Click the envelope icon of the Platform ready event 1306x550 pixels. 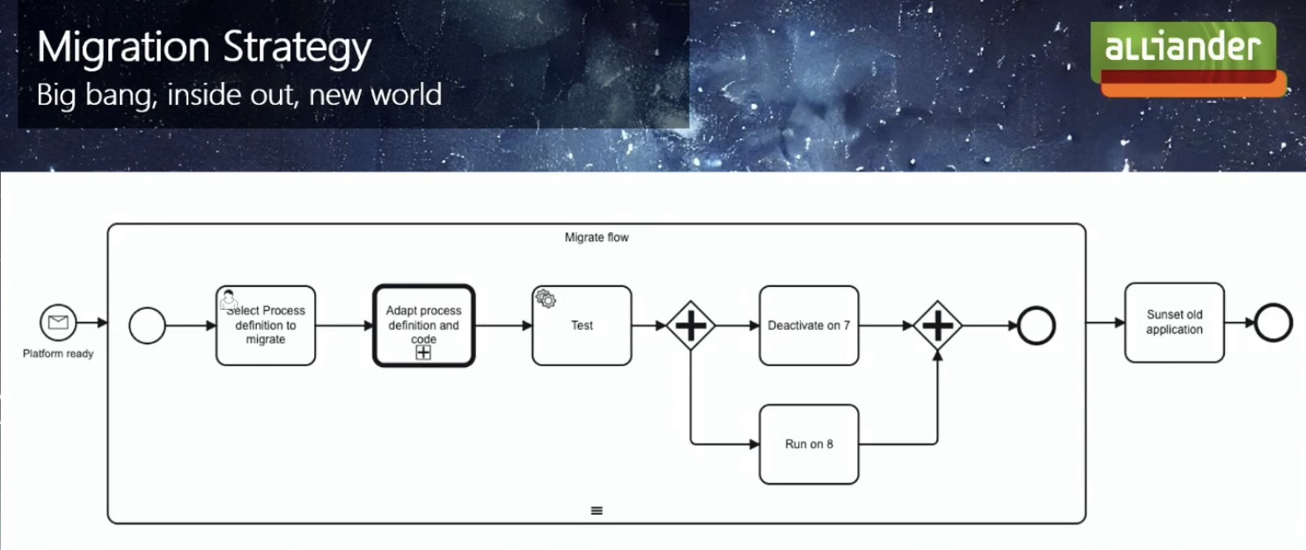58,323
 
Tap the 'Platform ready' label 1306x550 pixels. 58,354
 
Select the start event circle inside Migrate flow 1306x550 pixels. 147,326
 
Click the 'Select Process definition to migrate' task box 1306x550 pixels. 266,326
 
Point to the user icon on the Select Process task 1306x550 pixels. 229,299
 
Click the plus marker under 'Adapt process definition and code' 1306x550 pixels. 423,352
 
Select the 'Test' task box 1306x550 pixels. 582,326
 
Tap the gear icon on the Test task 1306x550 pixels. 546,299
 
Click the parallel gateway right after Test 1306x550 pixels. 691,326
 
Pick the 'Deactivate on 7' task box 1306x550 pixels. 809,326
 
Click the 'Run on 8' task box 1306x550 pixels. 809,444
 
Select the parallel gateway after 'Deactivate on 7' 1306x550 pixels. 937,326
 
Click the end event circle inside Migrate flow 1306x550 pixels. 1036,326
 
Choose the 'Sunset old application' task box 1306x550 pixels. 1174,322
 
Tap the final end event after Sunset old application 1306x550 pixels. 1273,323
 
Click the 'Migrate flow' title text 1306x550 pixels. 597,238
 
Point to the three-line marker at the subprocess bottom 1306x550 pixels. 597,510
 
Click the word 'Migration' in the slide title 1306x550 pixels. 122,48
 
